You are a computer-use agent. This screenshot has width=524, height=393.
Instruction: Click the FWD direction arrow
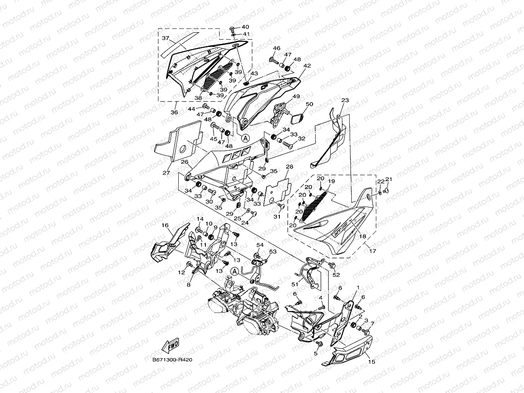point(171,345)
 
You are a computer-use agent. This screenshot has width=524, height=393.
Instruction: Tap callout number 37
point(166,38)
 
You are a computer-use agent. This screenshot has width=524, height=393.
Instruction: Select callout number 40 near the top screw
point(245,27)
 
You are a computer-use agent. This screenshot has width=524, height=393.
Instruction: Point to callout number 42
point(307,66)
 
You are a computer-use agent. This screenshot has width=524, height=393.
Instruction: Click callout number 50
point(309,104)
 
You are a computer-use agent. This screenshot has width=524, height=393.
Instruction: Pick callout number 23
point(345,100)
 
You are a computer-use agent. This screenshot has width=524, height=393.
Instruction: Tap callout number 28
point(289,167)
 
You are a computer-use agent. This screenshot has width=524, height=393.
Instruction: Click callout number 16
point(165,225)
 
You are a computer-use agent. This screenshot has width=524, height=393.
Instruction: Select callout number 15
point(371,362)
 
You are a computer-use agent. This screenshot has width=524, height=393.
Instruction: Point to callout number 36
point(174,112)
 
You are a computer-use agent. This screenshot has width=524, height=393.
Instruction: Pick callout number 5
point(315,353)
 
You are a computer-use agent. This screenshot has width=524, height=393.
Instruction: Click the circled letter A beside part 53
point(234,271)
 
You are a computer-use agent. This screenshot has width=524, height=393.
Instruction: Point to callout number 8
point(188,285)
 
